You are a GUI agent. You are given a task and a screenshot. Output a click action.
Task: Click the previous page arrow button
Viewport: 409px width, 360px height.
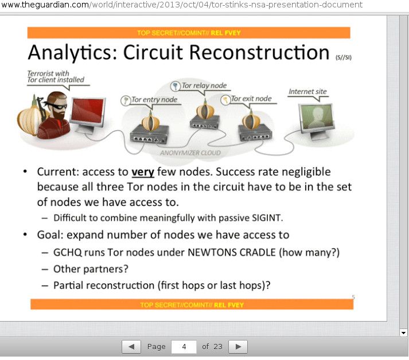click(x=131, y=347)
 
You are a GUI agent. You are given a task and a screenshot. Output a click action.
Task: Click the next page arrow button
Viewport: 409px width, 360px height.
click(x=238, y=347)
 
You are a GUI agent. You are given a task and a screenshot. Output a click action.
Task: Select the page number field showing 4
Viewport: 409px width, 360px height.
click(x=184, y=347)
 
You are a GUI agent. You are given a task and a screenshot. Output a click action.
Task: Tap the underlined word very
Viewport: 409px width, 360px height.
click(x=143, y=173)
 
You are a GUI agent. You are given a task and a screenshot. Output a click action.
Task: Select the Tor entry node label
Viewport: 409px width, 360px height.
click(x=154, y=100)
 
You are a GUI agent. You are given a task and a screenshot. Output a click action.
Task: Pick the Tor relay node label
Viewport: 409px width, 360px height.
click(x=204, y=85)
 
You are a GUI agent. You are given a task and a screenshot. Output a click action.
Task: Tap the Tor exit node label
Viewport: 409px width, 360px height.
click(x=251, y=99)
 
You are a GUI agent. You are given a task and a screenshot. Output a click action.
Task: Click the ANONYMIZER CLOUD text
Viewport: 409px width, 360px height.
click(x=190, y=152)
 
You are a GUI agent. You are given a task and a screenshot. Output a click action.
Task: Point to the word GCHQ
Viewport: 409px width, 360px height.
click(x=68, y=252)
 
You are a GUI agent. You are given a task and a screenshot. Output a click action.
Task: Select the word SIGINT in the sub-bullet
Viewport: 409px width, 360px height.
click(x=267, y=218)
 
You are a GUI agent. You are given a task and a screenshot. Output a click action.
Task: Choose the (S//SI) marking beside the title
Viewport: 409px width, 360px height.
click(x=344, y=57)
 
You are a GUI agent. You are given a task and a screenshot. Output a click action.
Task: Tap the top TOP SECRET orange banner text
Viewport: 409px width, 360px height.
click(x=189, y=33)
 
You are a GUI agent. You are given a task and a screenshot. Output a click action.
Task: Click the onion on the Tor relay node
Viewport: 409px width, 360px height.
click(x=205, y=110)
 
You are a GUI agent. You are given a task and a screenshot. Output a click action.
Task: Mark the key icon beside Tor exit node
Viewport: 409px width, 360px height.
click(x=225, y=100)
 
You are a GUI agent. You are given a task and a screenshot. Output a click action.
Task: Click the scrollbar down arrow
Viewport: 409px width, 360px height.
click(x=403, y=333)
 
